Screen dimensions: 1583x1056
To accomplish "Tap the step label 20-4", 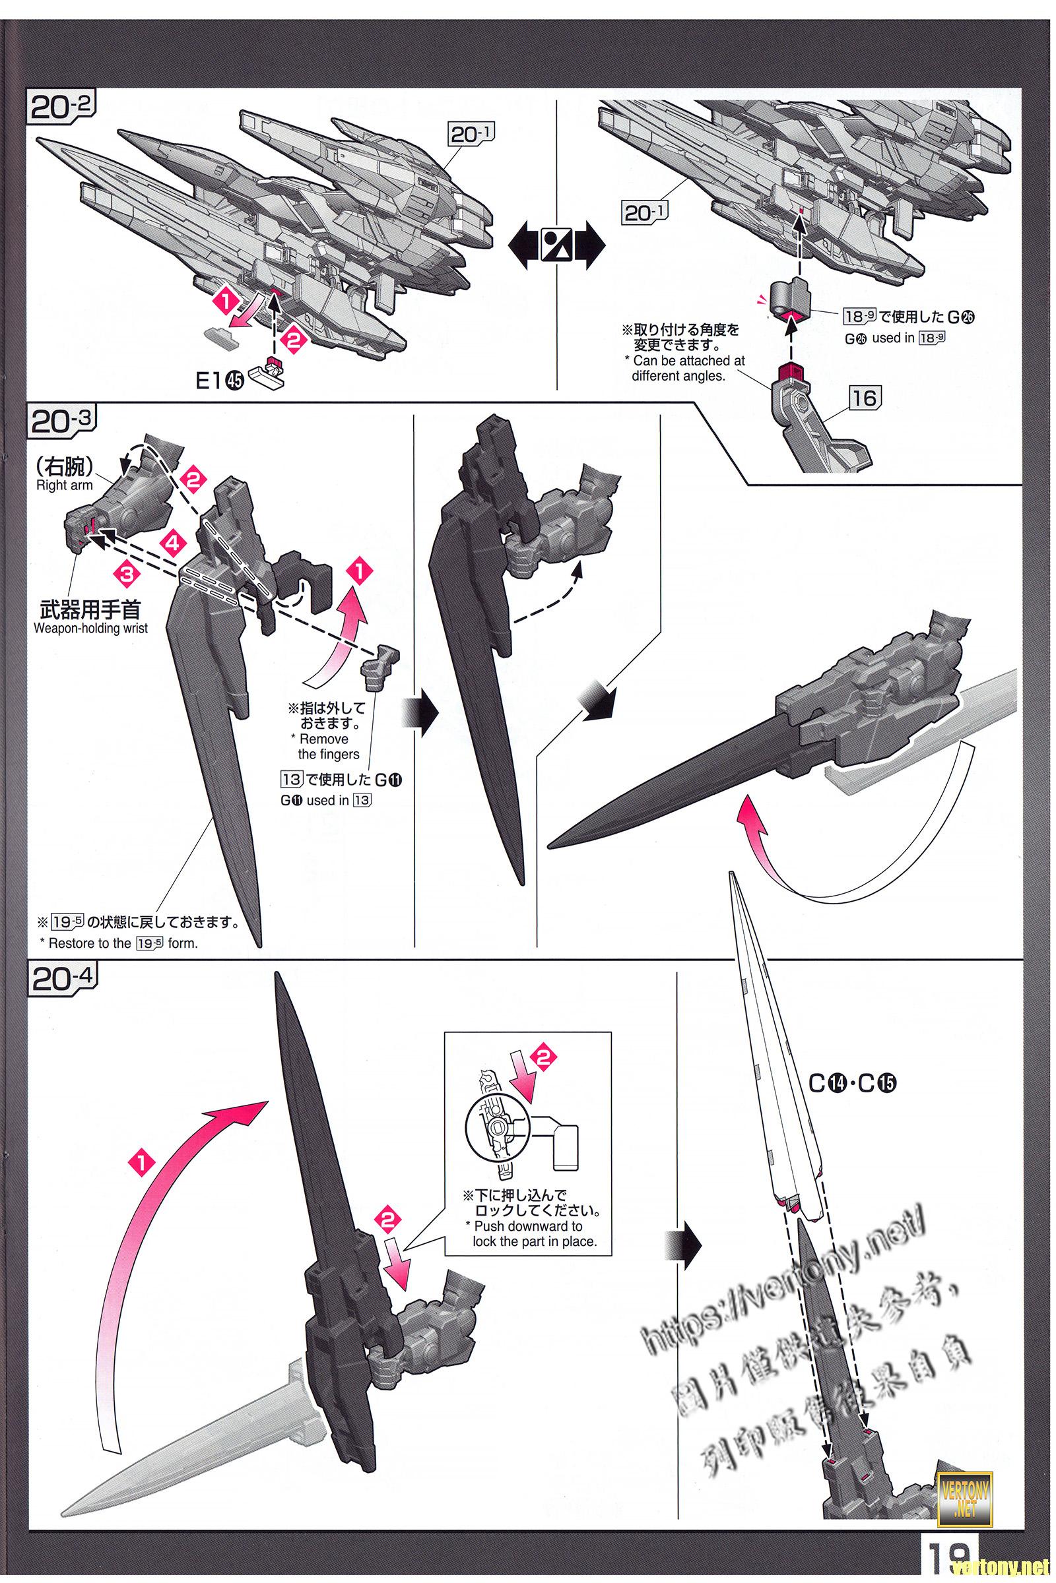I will (x=62, y=979).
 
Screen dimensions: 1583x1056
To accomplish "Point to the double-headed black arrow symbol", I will (x=557, y=245).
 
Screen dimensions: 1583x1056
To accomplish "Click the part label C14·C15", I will (x=855, y=1082).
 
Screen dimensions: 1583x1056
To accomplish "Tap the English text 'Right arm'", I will (x=65, y=485).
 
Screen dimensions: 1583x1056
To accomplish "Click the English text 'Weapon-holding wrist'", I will (x=90, y=629).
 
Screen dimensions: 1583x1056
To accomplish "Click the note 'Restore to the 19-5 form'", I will (x=123, y=943).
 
